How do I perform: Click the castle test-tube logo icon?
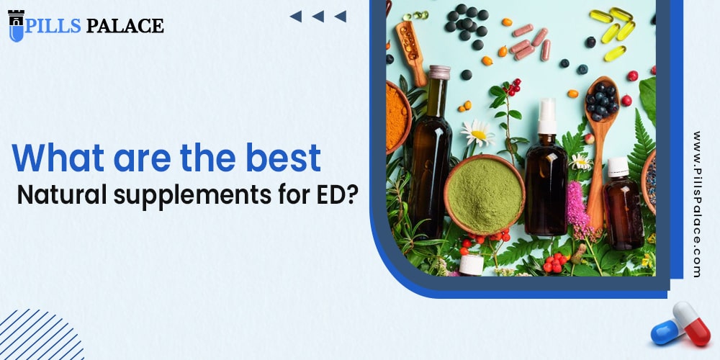click(16, 25)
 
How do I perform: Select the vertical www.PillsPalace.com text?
click(696, 204)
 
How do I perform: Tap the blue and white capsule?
click(667, 330)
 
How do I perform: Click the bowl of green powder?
click(484, 194)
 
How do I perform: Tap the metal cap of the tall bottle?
click(439, 73)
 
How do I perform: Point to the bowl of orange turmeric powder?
click(397, 115)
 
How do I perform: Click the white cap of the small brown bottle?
click(618, 167)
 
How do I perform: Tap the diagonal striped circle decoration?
click(40, 338)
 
